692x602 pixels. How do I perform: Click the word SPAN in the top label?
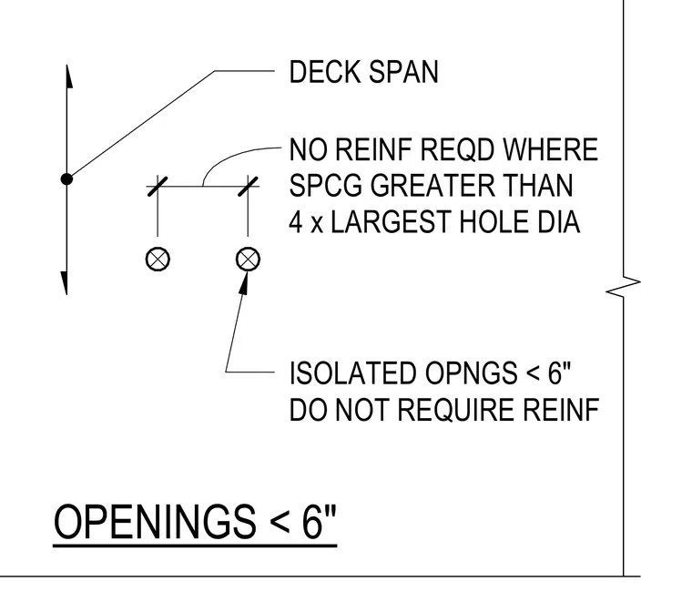coord(403,72)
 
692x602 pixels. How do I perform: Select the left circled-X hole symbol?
coord(158,259)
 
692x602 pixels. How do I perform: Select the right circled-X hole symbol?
coord(248,259)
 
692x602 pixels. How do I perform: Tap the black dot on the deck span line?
coord(66,179)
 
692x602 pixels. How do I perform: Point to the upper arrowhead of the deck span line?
coord(69,77)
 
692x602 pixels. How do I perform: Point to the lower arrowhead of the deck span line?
coord(65,283)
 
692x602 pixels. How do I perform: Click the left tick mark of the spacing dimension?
coord(158,187)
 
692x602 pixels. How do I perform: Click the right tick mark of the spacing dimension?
coord(248,187)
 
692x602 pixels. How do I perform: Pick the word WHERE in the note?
coord(550,149)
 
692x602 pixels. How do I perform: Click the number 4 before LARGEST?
coord(295,221)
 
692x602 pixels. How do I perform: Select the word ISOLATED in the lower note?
coord(352,373)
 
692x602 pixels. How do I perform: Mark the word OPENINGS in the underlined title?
coord(155,521)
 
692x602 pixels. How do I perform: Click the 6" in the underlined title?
coord(319,521)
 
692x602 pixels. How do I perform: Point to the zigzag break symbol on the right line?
coord(623,287)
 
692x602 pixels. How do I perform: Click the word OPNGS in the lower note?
coord(472,373)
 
